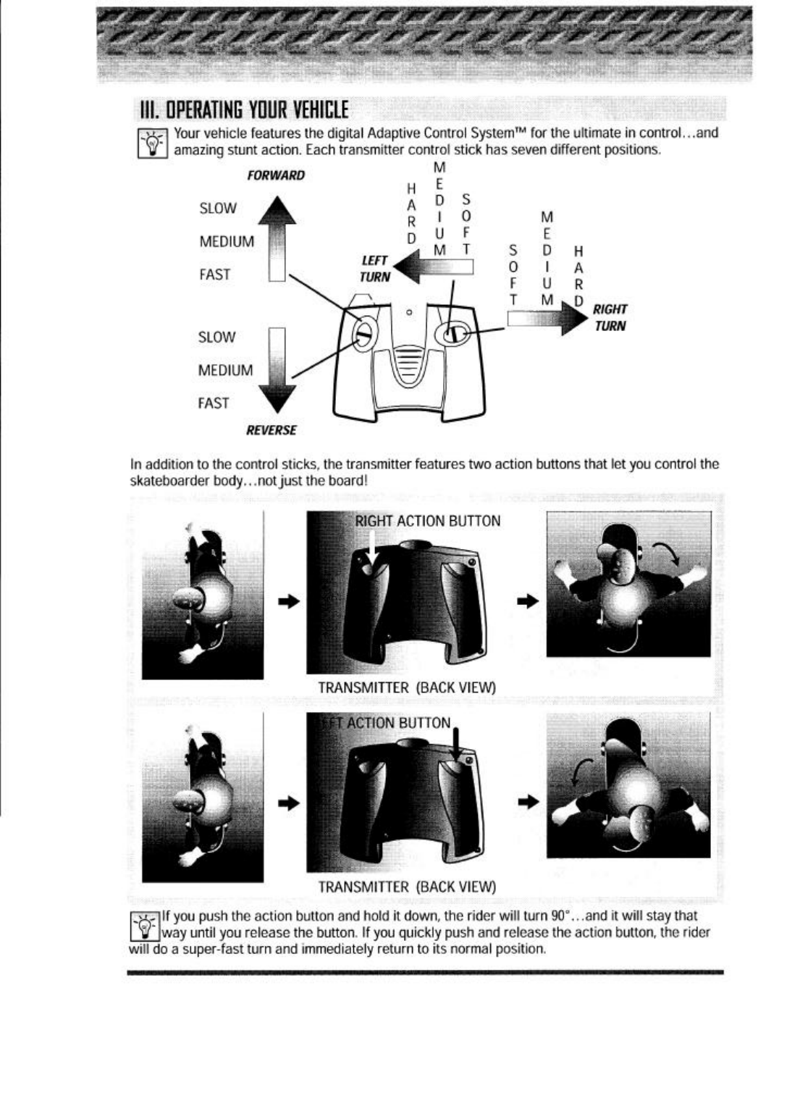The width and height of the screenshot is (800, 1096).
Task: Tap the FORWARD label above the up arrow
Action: pos(276,175)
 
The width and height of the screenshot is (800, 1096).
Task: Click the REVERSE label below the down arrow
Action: pos(271,430)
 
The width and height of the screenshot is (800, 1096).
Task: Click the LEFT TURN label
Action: pos(375,268)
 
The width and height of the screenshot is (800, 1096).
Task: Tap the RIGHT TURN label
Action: pos(610,317)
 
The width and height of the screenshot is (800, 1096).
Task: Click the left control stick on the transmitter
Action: pos(363,332)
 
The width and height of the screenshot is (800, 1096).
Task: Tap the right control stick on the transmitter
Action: pos(451,334)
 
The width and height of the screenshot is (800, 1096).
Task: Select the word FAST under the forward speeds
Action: pos(214,275)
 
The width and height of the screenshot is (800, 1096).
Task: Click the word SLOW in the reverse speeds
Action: pos(216,337)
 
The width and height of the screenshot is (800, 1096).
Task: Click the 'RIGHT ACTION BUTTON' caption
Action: pos(427,521)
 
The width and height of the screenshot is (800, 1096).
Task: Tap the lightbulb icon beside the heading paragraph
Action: pos(154,141)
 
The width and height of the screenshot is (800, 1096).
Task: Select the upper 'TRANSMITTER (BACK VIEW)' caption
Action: pos(407,687)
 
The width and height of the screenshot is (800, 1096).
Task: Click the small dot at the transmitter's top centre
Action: pos(409,312)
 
